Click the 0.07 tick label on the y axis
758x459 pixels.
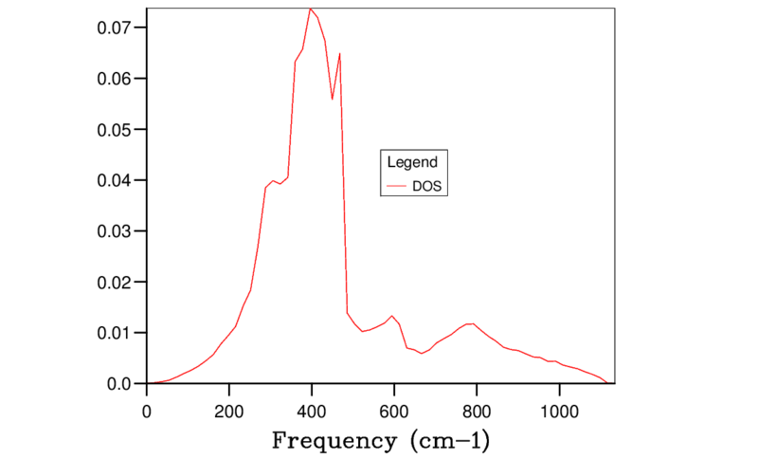(x=114, y=28)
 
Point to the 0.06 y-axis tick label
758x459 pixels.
(x=114, y=79)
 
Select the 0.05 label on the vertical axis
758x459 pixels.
(x=114, y=130)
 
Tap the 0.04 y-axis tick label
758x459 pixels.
(x=114, y=180)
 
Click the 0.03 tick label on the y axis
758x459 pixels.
(x=114, y=231)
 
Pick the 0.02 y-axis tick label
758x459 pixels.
(x=114, y=283)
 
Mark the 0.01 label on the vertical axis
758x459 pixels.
(x=114, y=333)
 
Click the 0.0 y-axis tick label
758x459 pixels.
(x=119, y=384)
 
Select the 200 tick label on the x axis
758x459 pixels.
(x=229, y=412)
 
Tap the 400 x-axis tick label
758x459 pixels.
(x=312, y=412)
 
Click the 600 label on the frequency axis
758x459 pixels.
(x=394, y=412)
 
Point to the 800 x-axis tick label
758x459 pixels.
(x=477, y=412)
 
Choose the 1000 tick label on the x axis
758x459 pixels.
(x=559, y=412)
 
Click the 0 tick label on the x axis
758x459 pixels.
(x=147, y=412)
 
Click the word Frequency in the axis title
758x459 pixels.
(x=334, y=441)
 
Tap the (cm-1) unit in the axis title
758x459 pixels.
(x=450, y=441)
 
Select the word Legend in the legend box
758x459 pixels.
(x=412, y=162)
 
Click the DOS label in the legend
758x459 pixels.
(x=427, y=186)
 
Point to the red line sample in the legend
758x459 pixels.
(x=397, y=186)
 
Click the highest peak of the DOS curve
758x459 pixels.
(x=311, y=9)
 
